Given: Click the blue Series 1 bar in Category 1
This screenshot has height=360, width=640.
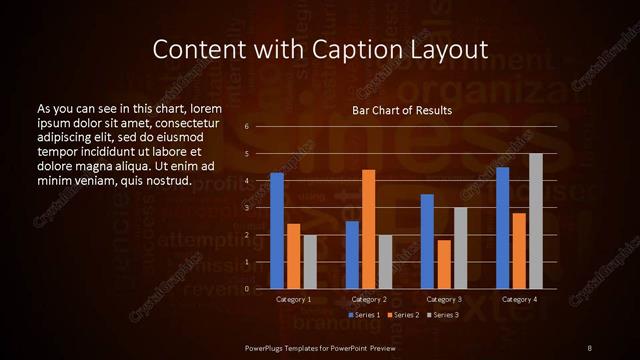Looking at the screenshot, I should point(277,231).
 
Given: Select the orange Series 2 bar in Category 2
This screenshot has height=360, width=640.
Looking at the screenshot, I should point(368,229).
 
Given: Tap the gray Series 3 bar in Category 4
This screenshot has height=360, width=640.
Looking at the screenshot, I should point(535,221).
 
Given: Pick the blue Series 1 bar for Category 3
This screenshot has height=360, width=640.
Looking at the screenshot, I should point(427,241).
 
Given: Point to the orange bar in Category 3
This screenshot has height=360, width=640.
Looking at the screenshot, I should point(443,264).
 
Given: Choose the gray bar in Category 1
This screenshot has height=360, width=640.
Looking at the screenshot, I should point(309,262).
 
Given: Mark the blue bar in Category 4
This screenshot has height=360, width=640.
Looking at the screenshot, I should point(502,228).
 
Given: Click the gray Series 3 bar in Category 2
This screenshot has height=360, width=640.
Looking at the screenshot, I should point(385,262).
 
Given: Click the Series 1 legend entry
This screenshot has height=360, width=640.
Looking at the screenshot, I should point(363,315).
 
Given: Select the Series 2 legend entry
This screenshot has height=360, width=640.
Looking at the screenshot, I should point(402,315).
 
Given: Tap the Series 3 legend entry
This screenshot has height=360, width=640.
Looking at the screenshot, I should point(442,315).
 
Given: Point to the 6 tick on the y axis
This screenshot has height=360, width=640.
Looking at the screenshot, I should point(247,127).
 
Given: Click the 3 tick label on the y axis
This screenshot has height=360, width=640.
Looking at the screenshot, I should point(247,208).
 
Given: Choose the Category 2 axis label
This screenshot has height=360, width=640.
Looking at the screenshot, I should point(369,299).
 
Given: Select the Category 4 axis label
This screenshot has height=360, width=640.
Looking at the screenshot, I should point(518,299).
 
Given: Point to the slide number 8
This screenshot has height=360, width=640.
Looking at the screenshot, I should point(589,346).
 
